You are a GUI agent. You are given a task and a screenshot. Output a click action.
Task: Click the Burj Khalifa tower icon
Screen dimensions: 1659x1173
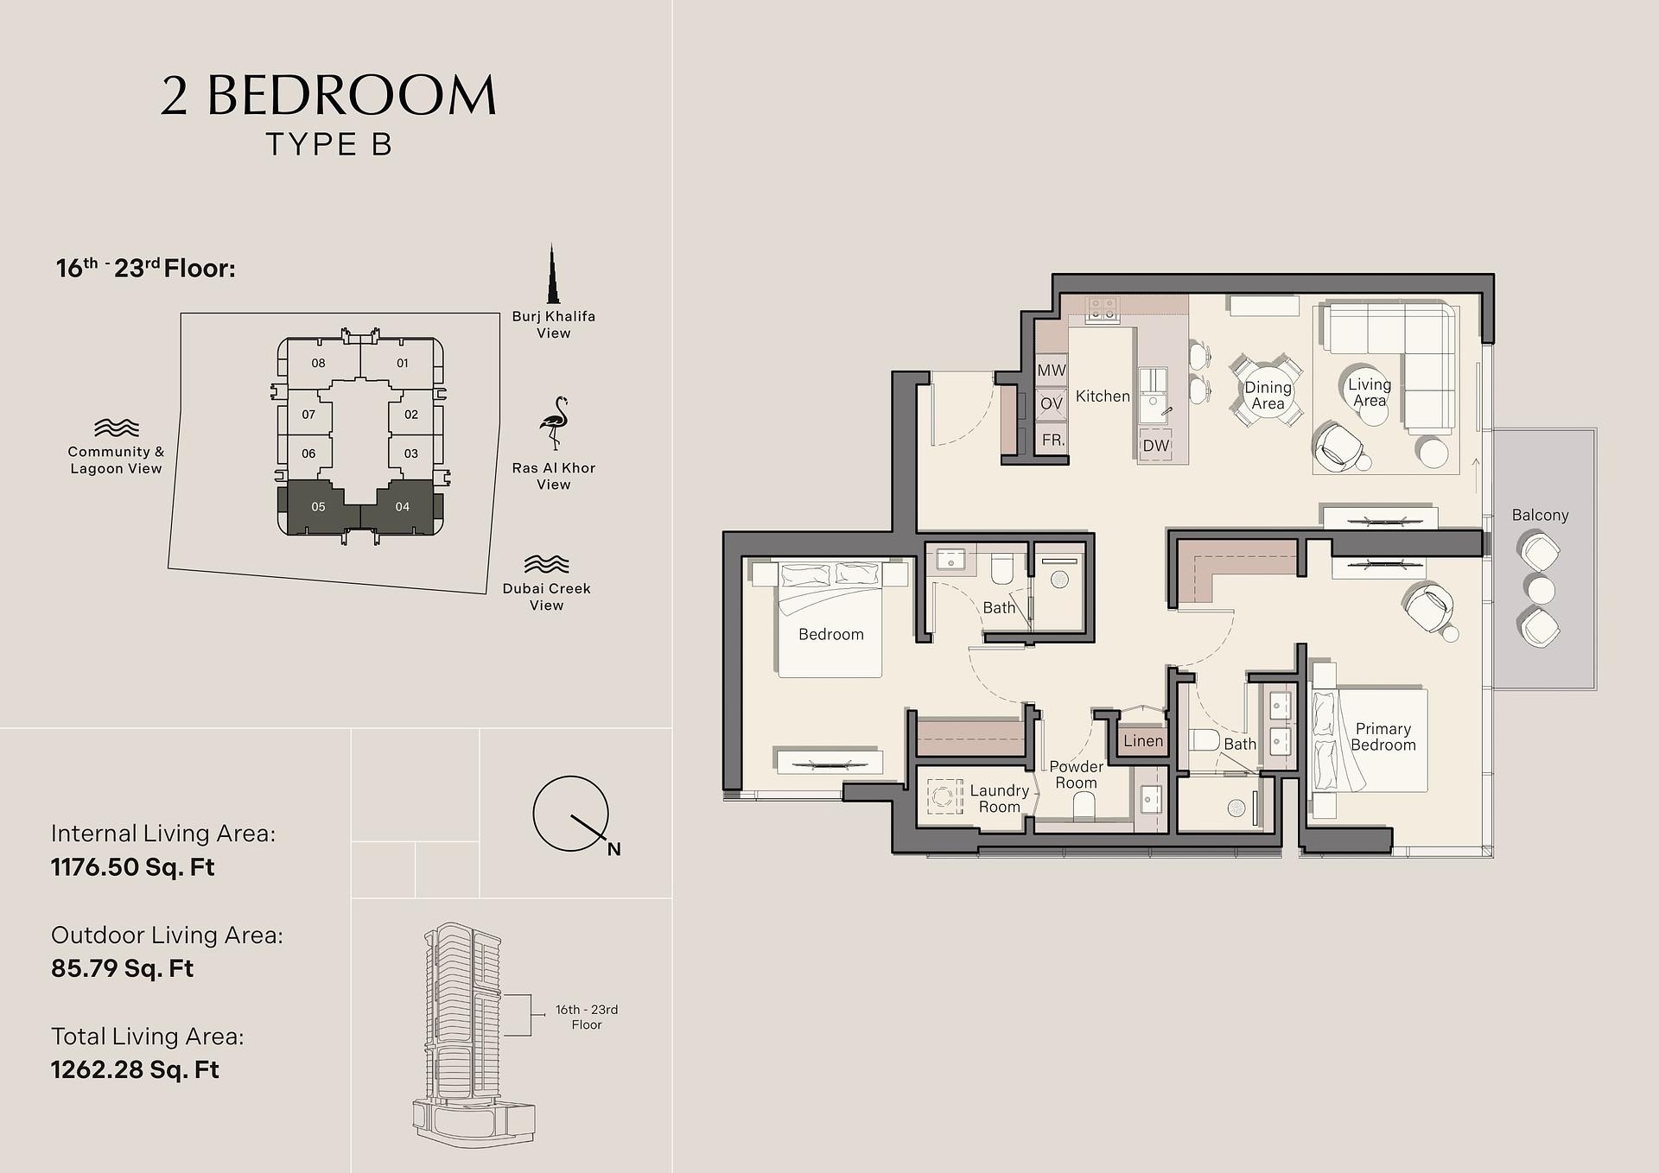point(552,274)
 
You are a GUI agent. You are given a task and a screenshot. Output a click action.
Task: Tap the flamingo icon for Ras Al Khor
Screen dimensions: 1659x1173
point(553,423)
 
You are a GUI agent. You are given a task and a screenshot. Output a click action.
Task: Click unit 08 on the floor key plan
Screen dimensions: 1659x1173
point(319,363)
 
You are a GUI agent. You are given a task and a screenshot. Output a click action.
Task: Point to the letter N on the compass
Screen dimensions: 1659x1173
point(613,849)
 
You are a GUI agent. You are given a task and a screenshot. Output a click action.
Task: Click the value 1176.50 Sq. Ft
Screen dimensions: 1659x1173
point(132,867)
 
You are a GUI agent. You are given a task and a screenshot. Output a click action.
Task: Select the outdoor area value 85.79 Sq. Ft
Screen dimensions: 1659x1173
point(122,968)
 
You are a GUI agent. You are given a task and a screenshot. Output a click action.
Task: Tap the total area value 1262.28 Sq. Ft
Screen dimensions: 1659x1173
point(135,1069)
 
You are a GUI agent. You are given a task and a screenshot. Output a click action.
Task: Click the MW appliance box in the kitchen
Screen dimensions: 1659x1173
point(1052,371)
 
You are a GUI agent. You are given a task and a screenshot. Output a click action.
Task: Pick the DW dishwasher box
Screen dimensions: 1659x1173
point(1156,446)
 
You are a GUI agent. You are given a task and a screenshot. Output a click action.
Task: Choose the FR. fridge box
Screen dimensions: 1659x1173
point(1052,440)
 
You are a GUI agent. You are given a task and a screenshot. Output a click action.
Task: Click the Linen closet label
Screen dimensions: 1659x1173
point(1143,740)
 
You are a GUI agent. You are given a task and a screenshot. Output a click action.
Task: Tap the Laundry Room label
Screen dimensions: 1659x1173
point(999,798)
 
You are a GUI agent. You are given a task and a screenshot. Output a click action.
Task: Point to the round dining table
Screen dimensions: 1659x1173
point(1267,396)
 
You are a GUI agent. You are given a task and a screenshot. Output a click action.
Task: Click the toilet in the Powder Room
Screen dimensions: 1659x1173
point(1084,808)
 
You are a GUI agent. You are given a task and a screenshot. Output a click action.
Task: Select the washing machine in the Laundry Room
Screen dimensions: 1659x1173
point(945,796)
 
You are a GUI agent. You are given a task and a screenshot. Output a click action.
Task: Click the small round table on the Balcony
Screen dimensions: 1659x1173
point(1541,590)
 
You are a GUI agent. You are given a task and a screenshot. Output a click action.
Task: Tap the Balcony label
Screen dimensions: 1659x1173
point(1540,515)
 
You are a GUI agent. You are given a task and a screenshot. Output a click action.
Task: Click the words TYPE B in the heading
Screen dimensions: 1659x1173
point(329,144)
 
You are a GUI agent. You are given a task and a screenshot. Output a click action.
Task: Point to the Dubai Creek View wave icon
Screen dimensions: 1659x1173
point(546,564)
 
